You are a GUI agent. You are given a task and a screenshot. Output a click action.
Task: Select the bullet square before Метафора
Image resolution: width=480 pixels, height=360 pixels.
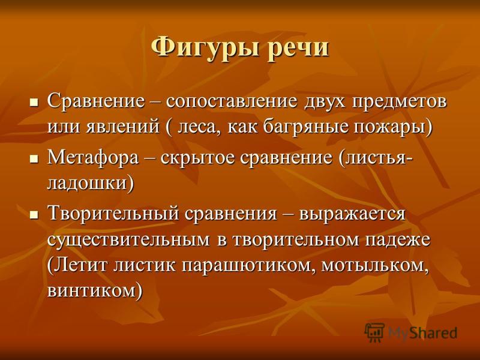coord(34,158)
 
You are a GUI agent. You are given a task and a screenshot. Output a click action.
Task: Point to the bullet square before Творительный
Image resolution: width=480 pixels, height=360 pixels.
coord(34,214)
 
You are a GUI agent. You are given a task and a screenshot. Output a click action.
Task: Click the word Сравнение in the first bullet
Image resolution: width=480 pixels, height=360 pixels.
coord(96,101)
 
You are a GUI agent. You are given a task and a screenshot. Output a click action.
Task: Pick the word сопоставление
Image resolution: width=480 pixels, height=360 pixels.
coord(232,102)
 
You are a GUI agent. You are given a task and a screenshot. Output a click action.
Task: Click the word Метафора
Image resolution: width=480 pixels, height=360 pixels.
coord(93,158)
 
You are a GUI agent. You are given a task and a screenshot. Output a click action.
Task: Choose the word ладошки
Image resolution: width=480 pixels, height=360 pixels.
coord(91,184)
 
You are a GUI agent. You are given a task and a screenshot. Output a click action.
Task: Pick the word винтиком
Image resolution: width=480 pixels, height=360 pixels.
coord(95,291)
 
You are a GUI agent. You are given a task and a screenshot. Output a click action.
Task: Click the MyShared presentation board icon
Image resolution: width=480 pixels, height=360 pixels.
coord(374,332)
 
